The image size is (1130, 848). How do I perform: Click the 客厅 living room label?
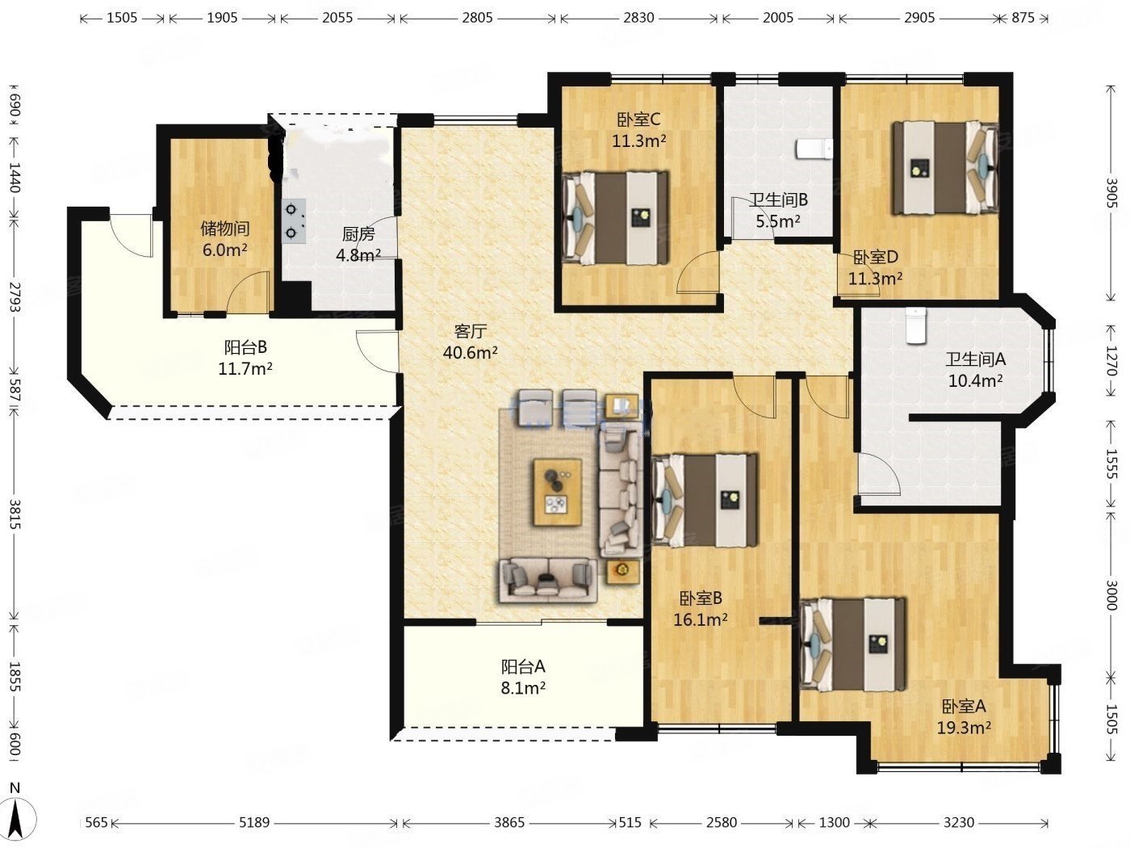tap(471, 331)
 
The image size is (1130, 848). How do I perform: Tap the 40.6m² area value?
tap(470, 353)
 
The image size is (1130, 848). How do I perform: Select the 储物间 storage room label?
tap(225, 229)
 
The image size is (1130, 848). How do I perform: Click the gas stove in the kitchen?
tap(294, 221)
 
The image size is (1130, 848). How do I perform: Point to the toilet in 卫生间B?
tap(814, 149)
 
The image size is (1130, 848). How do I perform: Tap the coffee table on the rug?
tap(558, 492)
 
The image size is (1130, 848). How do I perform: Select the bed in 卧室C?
tap(616, 218)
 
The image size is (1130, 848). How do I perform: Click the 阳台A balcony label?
tap(523, 667)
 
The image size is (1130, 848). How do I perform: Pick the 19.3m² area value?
tap(964, 728)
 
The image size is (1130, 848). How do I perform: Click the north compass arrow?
tap(16, 819)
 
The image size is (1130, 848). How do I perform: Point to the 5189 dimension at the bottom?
tap(254, 822)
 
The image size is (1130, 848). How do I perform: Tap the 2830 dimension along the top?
tap(638, 18)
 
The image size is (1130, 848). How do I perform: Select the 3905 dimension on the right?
tap(1112, 192)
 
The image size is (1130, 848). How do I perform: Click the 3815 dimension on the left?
tap(15, 514)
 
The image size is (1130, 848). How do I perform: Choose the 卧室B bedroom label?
tap(701, 598)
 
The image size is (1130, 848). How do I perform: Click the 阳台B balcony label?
tap(245, 347)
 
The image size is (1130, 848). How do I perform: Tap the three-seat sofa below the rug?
tap(547, 581)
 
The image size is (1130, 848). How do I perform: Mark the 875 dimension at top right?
tap(1023, 18)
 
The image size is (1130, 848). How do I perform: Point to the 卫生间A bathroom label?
tap(975, 359)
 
